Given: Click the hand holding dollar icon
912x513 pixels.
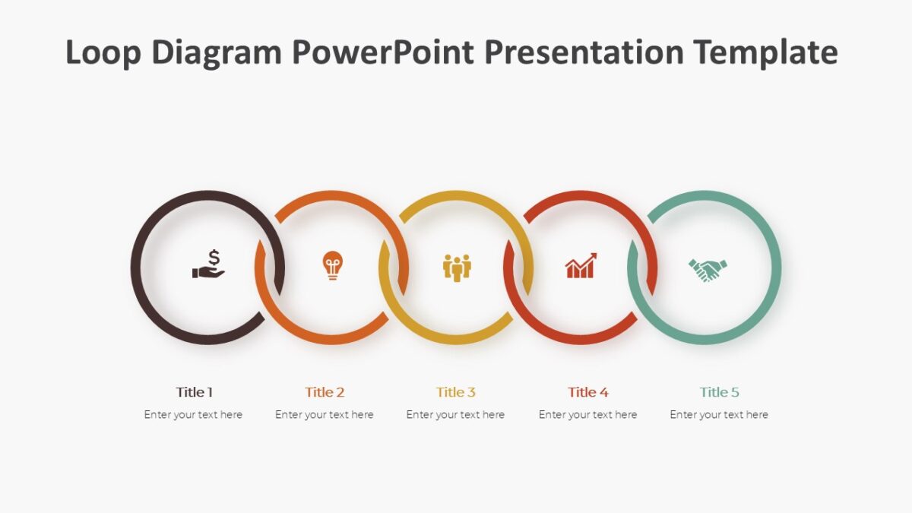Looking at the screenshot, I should [208, 264].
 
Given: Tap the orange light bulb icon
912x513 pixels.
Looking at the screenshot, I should [332, 265].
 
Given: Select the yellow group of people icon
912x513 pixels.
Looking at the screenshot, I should [457, 267].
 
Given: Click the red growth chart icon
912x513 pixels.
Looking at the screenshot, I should [581, 266].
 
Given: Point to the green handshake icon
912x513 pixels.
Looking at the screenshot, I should [708, 269].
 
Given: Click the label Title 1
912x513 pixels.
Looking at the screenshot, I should [195, 392].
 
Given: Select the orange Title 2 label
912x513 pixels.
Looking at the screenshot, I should [325, 392].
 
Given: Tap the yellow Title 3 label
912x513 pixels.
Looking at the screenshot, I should [456, 392].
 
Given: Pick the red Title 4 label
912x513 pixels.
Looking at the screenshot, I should [587, 392].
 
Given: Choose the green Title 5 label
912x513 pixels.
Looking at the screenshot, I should [719, 392].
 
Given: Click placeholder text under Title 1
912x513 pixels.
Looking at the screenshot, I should [193, 415].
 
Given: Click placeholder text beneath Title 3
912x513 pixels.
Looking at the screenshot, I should [455, 415].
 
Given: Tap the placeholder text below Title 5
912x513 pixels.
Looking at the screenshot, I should [719, 415].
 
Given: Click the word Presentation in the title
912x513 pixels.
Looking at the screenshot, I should [584, 53].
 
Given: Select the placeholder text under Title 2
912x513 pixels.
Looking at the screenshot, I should [325, 415].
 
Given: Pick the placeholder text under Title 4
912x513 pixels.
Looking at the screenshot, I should [587, 415].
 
